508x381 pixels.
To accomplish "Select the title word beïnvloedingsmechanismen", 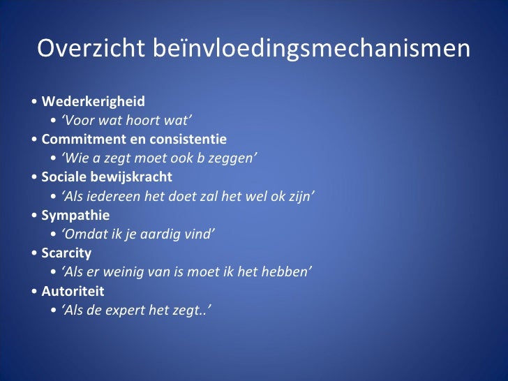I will tap(306, 50).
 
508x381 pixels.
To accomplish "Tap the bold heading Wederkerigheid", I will tap(93, 101).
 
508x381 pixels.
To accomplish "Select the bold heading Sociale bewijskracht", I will tap(107, 177).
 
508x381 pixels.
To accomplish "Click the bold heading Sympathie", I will tap(75, 214).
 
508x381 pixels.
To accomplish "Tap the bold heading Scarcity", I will tap(66, 252).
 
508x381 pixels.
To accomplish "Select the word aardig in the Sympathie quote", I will tap(160, 233).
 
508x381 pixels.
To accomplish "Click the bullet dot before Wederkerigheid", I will tap(35, 102).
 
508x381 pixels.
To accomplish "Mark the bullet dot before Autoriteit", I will tap(35, 290).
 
